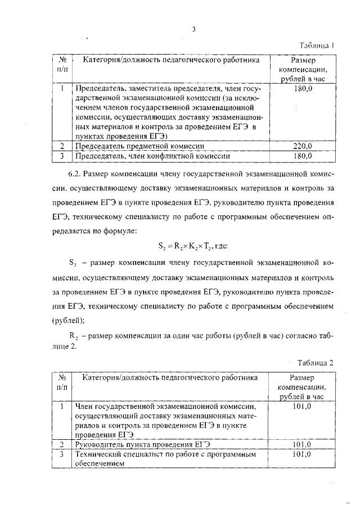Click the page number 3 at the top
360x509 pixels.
[x=193, y=30]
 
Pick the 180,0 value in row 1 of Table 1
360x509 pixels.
[x=303, y=89]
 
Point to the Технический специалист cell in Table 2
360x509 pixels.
[x=166, y=458]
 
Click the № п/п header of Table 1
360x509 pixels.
[x=63, y=64]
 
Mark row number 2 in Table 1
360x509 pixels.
[x=62, y=146]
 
